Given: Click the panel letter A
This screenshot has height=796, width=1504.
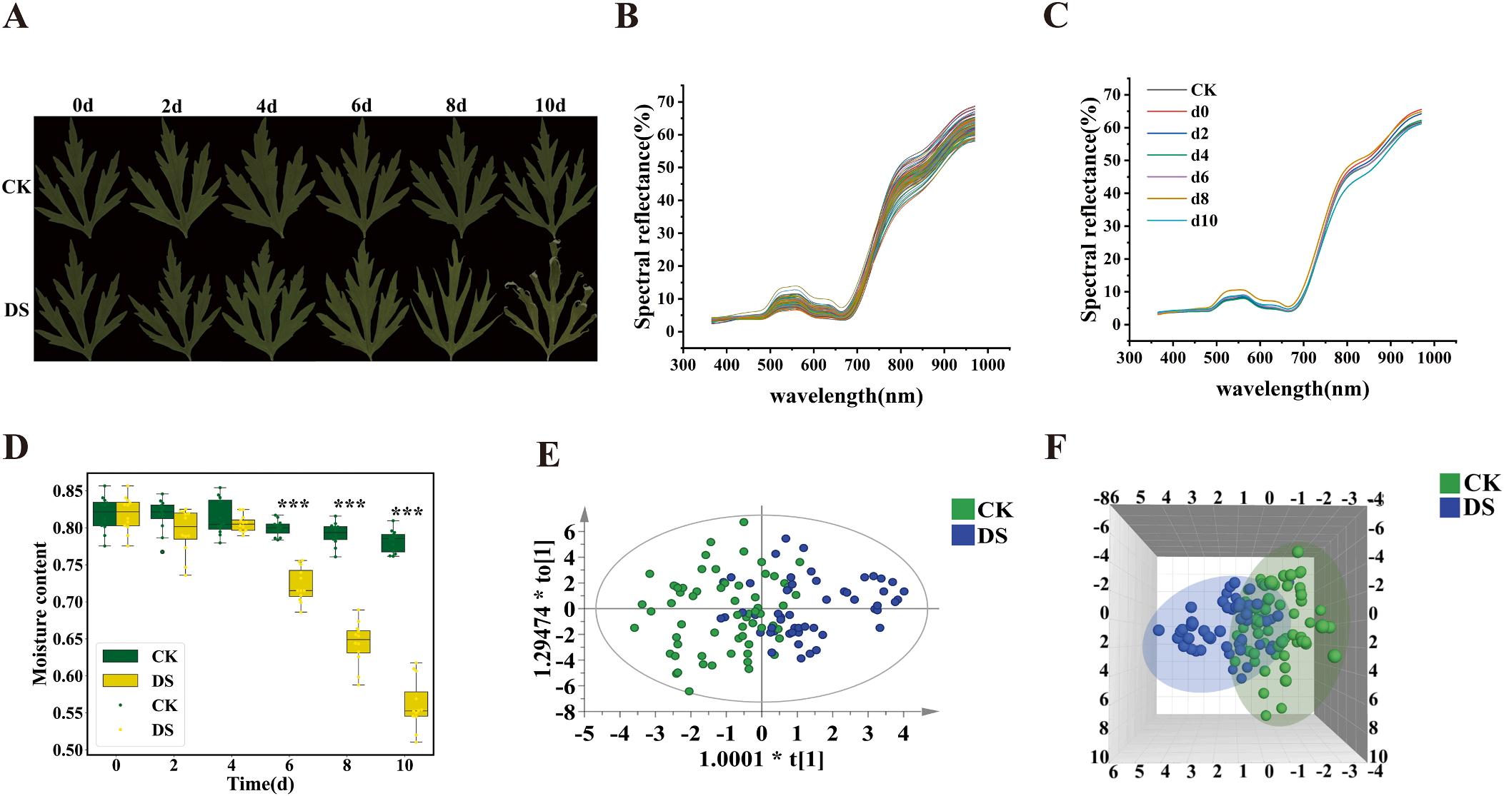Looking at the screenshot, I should [16, 16].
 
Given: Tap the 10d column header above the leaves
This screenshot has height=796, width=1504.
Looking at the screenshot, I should [549, 106].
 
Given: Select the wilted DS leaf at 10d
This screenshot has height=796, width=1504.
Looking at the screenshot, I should [549, 303].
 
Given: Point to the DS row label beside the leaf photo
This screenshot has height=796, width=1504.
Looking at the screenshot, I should [16, 310].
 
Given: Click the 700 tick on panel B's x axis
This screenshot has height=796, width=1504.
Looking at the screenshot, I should [857, 365].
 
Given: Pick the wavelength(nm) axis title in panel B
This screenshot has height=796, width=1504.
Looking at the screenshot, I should [846, 396].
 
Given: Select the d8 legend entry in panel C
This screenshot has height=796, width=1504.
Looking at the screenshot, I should [1200, 199].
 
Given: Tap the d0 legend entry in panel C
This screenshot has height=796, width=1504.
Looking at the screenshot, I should [1200, 112].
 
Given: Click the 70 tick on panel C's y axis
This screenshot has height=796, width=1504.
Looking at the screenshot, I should [1112, 95].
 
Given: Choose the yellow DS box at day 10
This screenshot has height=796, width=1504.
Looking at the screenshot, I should [416, 703].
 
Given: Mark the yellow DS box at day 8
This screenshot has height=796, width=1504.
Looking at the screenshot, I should [358, 641].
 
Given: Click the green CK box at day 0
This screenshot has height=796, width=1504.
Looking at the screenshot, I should [104, 514].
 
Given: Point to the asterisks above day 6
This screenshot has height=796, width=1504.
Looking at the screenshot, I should [293, 505].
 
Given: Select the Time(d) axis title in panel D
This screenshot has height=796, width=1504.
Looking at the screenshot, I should [260, 784].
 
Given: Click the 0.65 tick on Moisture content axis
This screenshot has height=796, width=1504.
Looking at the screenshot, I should [68, 639].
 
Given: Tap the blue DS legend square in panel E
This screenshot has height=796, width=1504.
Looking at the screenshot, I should [962, 535].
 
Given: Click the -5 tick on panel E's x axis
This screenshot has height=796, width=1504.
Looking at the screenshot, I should [584, 734].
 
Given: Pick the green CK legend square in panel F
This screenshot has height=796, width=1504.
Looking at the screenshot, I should [1449, 483].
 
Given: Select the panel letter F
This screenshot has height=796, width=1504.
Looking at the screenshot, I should [1055, 448].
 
